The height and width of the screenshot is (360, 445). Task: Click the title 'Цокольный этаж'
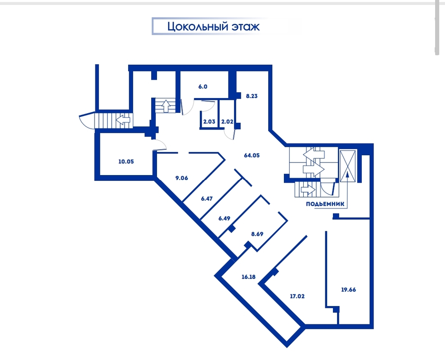tap(213, 27)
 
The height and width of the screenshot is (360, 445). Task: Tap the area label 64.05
tap(252, 155)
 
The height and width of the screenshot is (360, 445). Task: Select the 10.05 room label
tap(126, 162)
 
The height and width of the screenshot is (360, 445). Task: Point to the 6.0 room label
tap(202, 86)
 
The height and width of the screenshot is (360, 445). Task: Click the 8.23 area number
tap(252, 96)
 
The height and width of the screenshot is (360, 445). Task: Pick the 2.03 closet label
tap(209, 121)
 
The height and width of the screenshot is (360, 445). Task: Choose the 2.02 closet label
tap(227, 121)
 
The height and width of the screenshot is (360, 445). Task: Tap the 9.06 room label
tap(182, 178)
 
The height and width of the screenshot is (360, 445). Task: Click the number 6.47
tap(207, 198)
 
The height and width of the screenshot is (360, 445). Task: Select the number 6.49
tap(224, 218)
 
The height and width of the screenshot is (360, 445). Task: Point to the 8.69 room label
tap(257, 234)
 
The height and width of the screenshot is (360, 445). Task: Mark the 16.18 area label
tap(248, 277)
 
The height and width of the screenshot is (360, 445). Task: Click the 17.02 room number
tap(297, 296)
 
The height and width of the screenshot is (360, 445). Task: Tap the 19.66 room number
tap(348, 290)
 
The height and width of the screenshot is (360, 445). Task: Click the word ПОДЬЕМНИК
tap(325, 204)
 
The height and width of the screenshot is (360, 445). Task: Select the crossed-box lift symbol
tap(348, 166)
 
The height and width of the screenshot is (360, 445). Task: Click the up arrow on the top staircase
tap(165, 106)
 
